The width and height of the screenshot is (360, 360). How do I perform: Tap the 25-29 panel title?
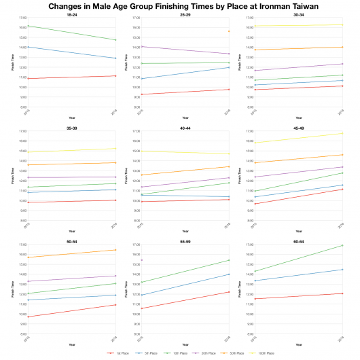185,14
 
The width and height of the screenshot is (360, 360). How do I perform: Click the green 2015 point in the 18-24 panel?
28,26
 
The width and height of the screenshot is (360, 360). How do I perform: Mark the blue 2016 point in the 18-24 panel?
116,58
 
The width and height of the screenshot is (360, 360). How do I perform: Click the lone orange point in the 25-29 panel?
229,31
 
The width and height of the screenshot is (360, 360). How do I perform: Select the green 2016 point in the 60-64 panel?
342,245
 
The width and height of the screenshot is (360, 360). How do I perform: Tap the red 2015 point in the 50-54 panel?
28,317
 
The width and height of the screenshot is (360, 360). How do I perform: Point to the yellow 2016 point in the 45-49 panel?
342,133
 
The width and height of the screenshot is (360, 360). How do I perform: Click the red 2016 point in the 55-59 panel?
229,292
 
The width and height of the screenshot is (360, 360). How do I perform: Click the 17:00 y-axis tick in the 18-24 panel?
22,18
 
